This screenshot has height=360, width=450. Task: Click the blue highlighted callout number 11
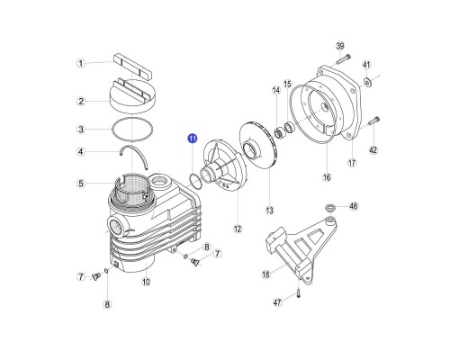[x=193, y=139]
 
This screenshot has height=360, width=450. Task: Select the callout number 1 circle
[x=81, y=63]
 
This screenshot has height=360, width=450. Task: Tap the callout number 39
[x=340, y=46]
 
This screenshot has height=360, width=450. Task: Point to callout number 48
[x=354, y=206]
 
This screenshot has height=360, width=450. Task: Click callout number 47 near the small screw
[x=277, y=302]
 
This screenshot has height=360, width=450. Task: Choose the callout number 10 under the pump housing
[x=146, y=282]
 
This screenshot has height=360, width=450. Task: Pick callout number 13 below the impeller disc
[x=269, y=211]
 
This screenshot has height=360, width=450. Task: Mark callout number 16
[x=327, y=177]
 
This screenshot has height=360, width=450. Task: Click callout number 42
[x=373, y=149]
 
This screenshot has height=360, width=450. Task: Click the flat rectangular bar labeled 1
[x=133, y=67]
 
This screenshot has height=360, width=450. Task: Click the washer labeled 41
[x=366, y=81]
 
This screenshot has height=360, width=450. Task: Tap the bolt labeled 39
[x=344, y=59]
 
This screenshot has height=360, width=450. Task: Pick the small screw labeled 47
[x=299, y=292]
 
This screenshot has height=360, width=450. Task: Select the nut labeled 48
[x=329, y=207]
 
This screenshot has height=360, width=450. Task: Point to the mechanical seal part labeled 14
[x=279, y=133]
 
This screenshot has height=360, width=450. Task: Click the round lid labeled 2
[x=132, y=96]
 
